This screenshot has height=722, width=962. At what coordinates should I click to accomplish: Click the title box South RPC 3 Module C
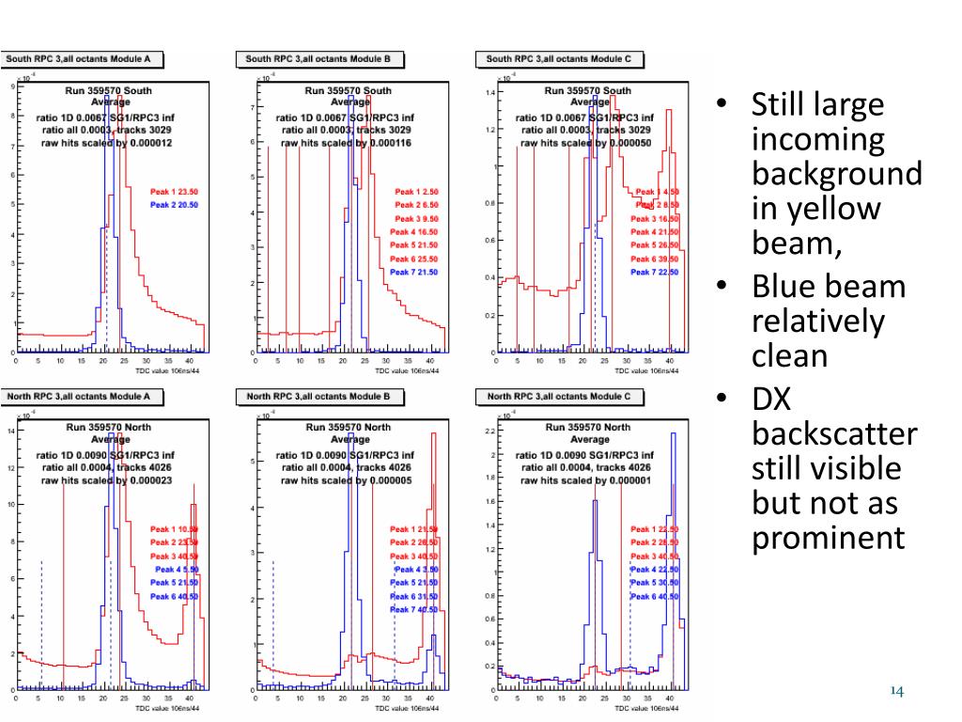coord(559,59)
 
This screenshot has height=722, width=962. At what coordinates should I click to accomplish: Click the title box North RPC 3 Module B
coord(318,397)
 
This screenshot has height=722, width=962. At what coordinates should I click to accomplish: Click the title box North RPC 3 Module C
coord(560,397)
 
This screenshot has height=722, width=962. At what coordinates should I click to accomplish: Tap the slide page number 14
coord(895,692)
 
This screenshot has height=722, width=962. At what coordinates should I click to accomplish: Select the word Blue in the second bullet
coord(788,286)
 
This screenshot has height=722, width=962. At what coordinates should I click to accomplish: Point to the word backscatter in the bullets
coord(834,434)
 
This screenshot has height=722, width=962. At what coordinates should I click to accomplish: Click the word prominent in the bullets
coord(829,538)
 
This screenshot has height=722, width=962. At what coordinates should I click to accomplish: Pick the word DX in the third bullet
coord(772,400)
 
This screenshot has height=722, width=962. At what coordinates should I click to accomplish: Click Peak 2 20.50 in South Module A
coord(174,204)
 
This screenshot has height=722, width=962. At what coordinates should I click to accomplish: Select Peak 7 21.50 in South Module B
coord(414,272)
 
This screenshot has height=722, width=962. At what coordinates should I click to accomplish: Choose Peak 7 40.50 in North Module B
coord(414,609)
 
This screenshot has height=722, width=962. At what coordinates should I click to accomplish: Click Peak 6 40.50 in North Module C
coord(655,596)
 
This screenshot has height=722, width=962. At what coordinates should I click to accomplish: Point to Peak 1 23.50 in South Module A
coord(174,191)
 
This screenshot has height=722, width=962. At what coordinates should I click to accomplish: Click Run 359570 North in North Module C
coord(590,428)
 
